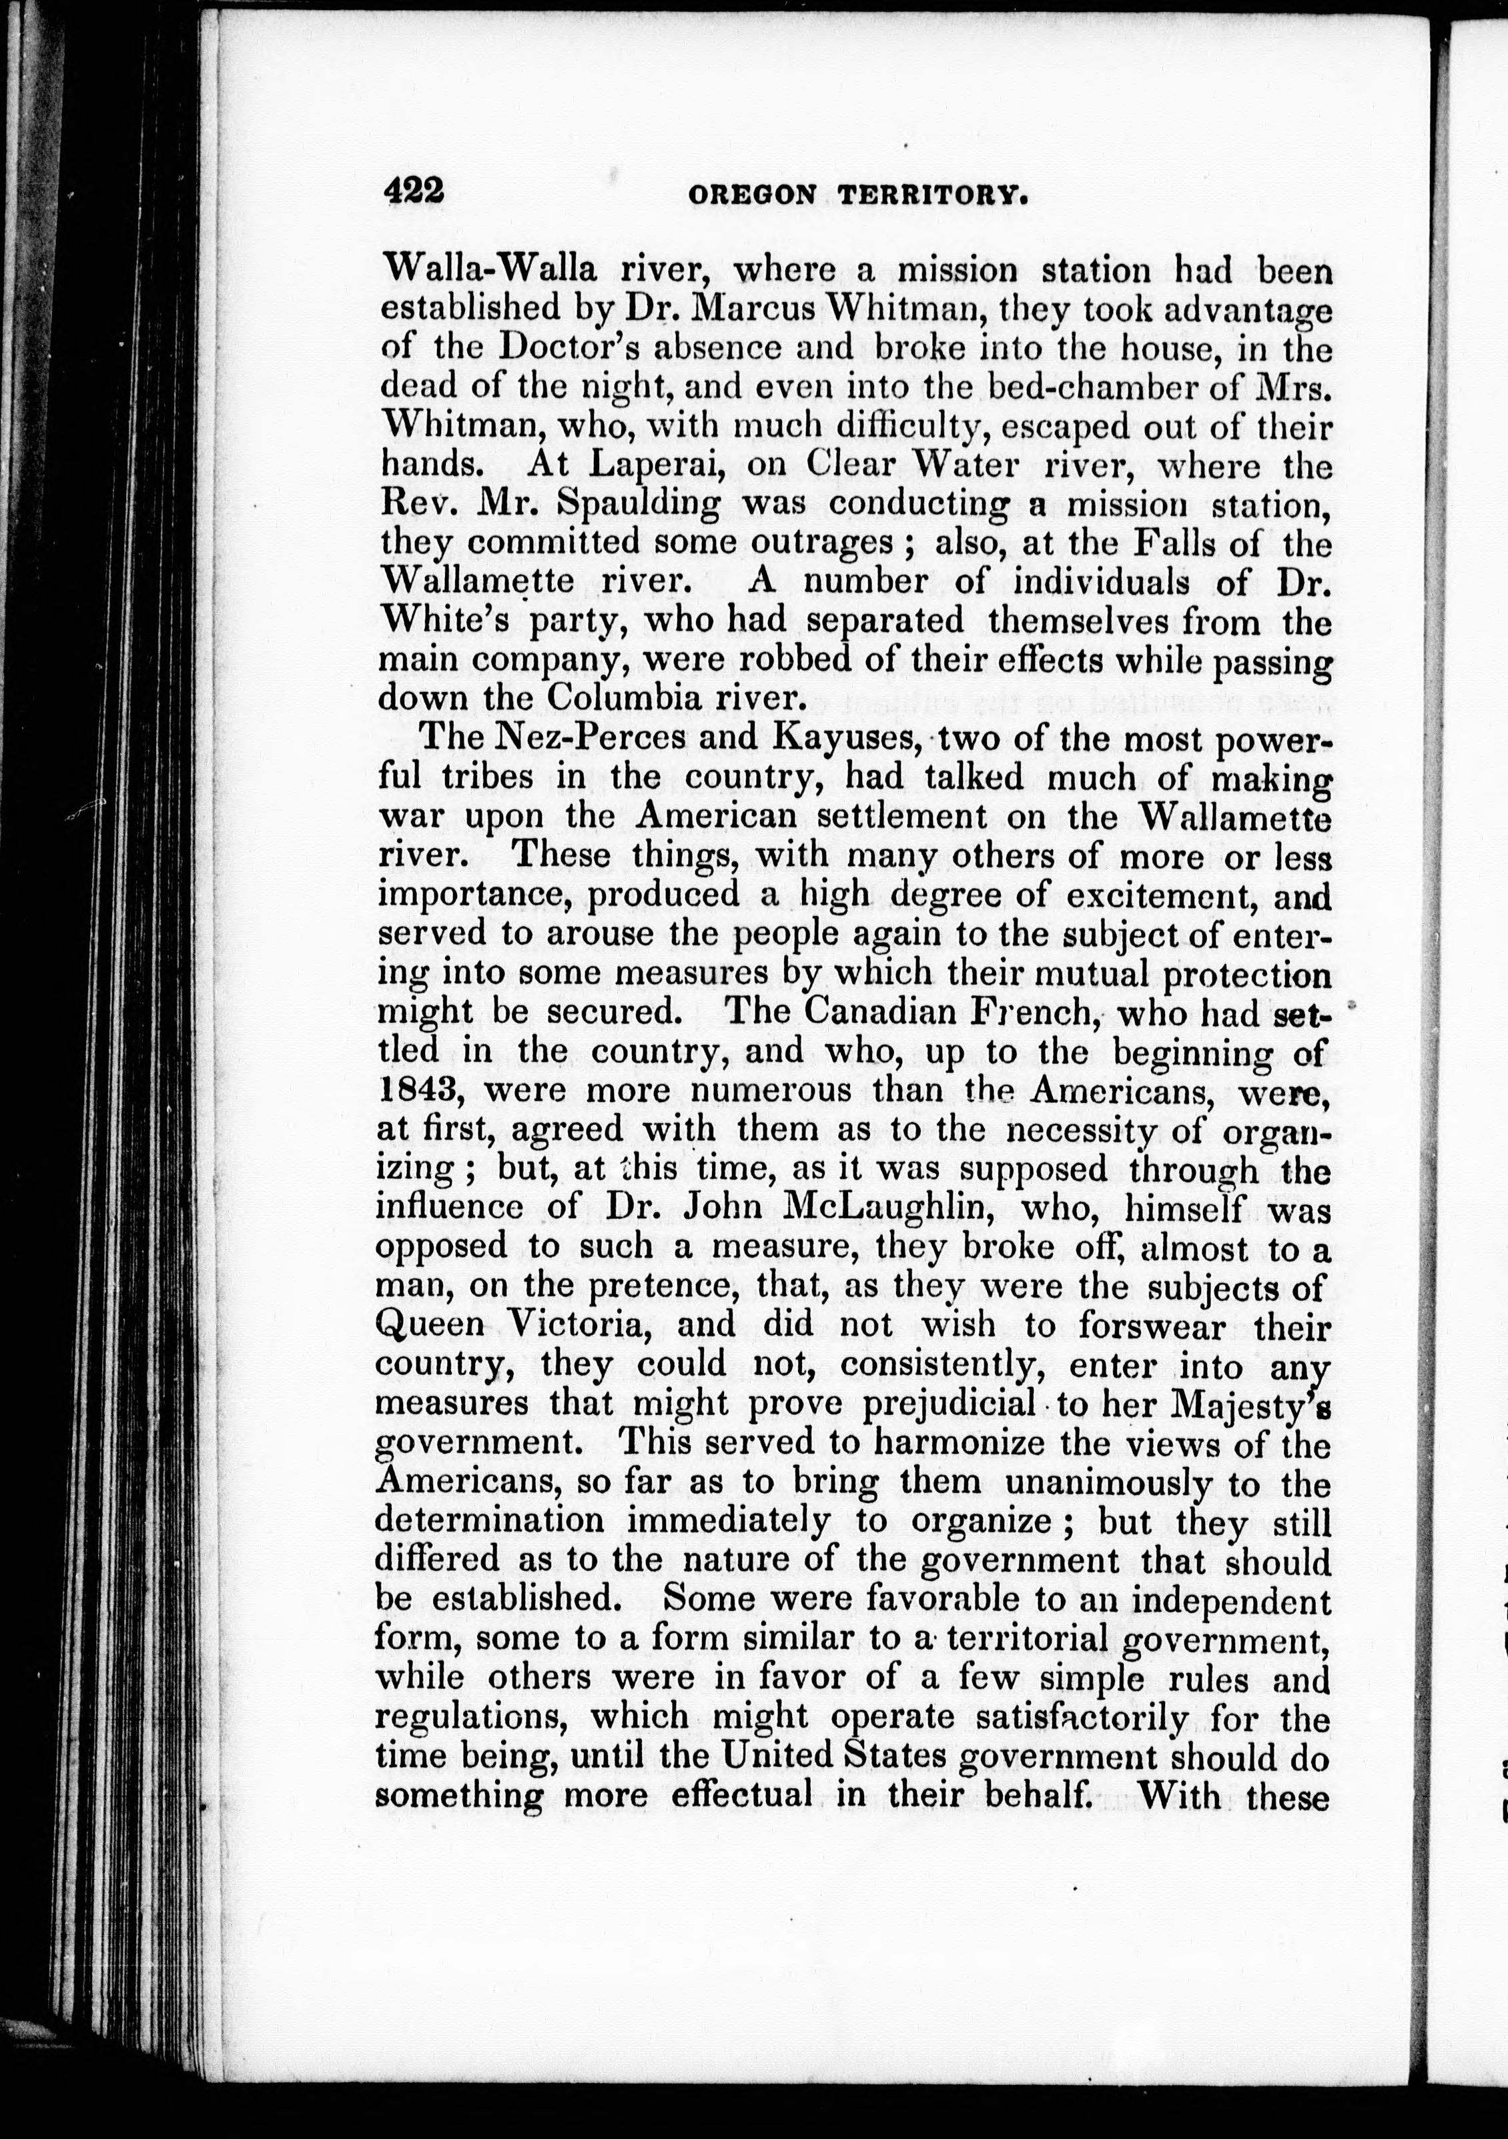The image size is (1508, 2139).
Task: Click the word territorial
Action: [1026, 1639]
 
